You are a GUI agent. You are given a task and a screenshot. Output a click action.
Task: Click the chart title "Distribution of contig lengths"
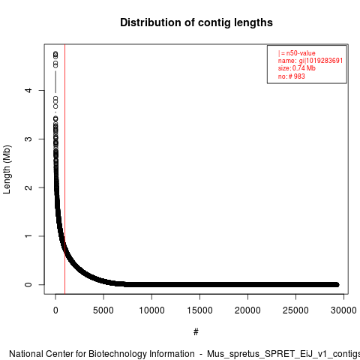click(x=196, y=22)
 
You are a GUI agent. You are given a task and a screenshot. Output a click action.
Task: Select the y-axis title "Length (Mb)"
click(x=7, y=169)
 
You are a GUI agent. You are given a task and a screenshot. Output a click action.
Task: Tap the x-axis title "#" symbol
click(x=196, y=332)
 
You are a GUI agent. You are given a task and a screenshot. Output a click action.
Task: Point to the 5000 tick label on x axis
click(x=103, y=310)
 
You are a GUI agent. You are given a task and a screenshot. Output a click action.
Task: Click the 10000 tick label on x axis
click(x=151, y=310)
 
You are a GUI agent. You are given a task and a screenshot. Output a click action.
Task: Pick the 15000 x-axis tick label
click(x=199, y=310)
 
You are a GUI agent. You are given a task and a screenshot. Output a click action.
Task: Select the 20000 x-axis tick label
click(x=247, y=310)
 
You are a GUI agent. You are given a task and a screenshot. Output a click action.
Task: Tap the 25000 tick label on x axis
click(x=295, y=310)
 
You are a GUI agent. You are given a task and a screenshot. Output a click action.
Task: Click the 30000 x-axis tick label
click(x=343, y=310)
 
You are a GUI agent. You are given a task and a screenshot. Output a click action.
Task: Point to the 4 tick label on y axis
click(x=28, y=90)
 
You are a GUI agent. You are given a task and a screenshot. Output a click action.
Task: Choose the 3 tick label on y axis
click(x=28, y=139)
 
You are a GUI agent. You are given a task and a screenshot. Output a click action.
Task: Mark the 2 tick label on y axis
click(x=28, y=187)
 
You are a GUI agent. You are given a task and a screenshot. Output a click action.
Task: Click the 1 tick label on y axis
click(x=28, y=236)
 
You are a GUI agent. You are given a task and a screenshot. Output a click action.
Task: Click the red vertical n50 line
click(x=64, y=169)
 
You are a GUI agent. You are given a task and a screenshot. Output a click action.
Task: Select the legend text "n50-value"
click(x=301, y=53)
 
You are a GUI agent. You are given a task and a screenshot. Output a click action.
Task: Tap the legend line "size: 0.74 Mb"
click(x=297, y=68)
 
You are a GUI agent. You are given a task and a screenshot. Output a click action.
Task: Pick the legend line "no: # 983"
click(x=292, y=76)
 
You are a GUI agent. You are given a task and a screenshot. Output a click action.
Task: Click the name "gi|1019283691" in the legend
click(x=321, y=61)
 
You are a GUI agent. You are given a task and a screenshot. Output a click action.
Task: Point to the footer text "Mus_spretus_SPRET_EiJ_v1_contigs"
click(x=283, y=355)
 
